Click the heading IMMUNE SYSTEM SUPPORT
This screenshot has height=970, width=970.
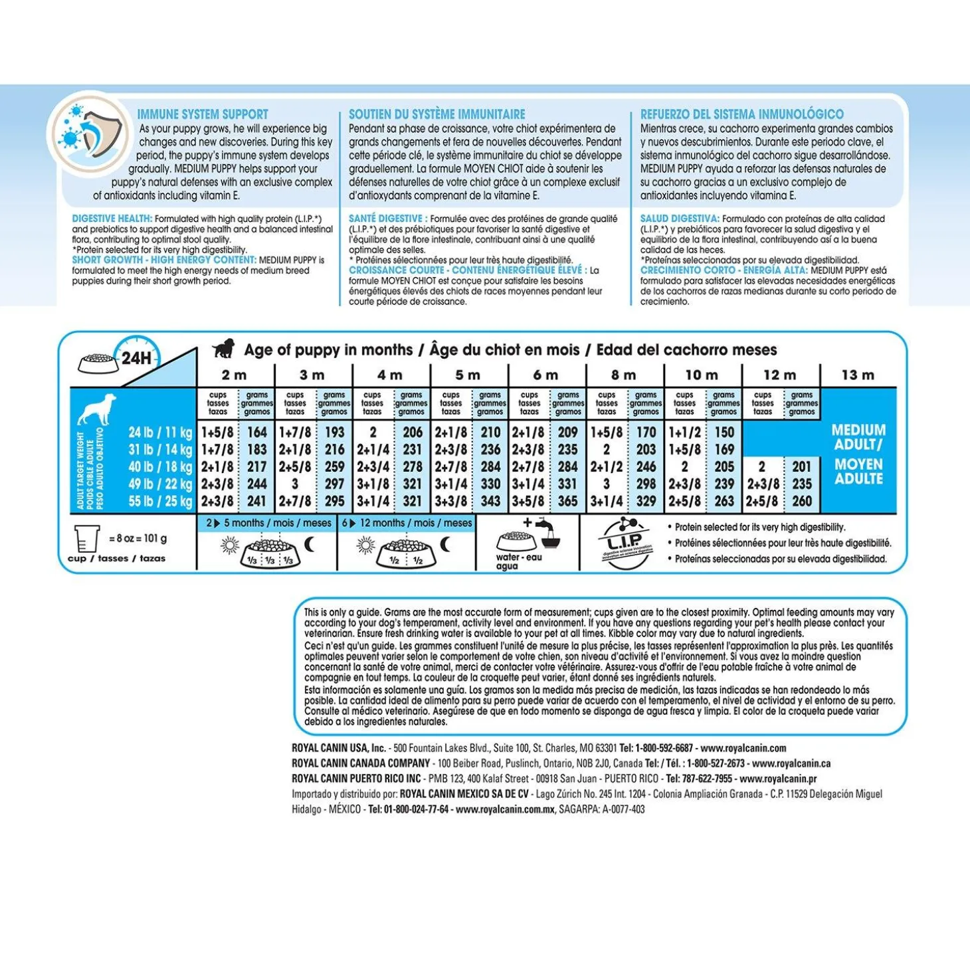coord(203,114)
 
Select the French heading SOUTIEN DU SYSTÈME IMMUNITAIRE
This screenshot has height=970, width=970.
coord(436,114)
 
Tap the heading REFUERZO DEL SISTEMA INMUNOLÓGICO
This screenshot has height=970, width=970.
coord(741,114)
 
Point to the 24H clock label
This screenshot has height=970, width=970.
coord(136,358)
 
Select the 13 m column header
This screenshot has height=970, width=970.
coord(858,375)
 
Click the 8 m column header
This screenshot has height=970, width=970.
coord(624,375)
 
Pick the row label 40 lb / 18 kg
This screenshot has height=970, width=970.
coord(160,467)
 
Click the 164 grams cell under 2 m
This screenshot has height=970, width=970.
coord(256,433)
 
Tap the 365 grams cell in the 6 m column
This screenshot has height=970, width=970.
coord(567,502)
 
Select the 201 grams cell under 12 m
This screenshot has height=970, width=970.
coord(802,467)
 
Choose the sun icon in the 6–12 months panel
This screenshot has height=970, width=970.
coord(365,546)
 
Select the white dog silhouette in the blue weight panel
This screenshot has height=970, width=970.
coord(97,409)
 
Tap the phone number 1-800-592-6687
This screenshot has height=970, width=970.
coord(664,748)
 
